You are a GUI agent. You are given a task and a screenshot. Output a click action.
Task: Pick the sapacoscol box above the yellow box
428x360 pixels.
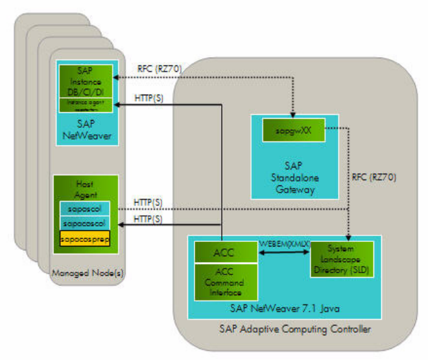pyautogui.click(x=86, y=222)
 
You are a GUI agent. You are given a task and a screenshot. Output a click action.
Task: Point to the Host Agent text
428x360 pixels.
pyautogui.click(x=85, y=189)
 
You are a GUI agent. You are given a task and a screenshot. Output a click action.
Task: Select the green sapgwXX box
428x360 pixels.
pyautogui.click(x=293, y=131)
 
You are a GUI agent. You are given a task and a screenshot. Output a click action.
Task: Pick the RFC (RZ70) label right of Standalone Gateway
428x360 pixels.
pyautogui.click(x=375, y=176)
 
